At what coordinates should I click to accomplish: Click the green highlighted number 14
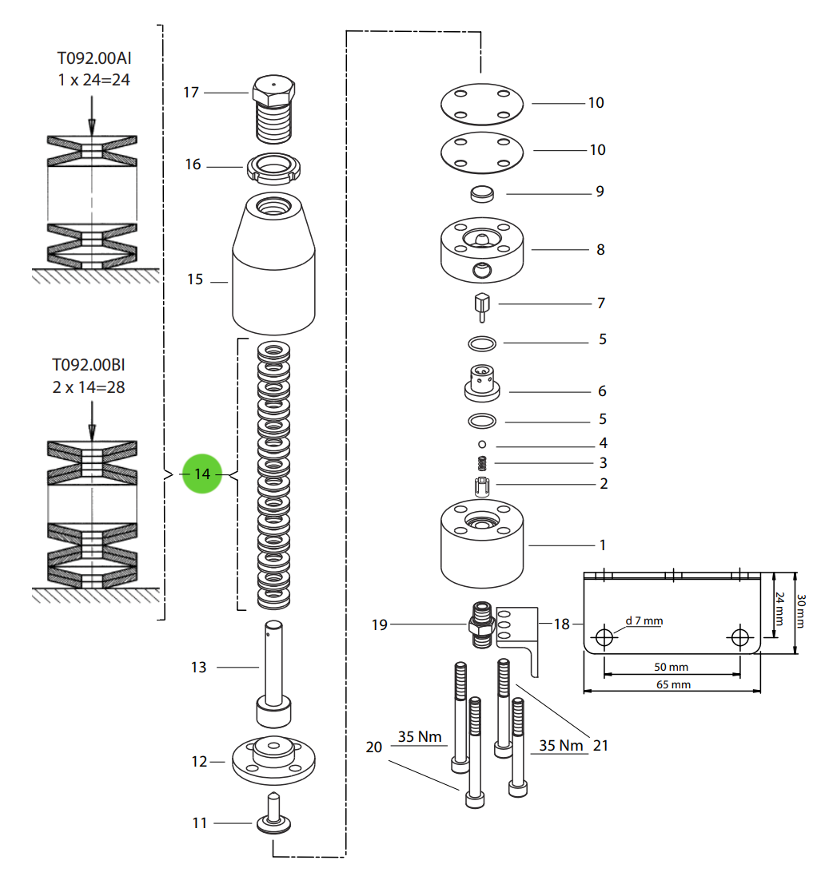tap(202, 474)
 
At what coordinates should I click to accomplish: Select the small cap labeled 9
tap(481, 193)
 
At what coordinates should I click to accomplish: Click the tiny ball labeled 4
tap(482, 443)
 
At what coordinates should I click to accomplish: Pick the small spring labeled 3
tap(482, 462)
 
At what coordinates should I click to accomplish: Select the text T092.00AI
tap(93, 58)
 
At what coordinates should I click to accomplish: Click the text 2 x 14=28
tap(89, 387)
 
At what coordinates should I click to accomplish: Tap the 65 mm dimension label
tap(673, 684)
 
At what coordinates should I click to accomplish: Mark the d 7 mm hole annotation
tap(644, 620)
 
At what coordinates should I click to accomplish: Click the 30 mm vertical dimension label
tap(802, 612)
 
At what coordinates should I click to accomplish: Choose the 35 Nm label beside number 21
tap(561, 745)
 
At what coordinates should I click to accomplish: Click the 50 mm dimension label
tap(671, 667)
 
